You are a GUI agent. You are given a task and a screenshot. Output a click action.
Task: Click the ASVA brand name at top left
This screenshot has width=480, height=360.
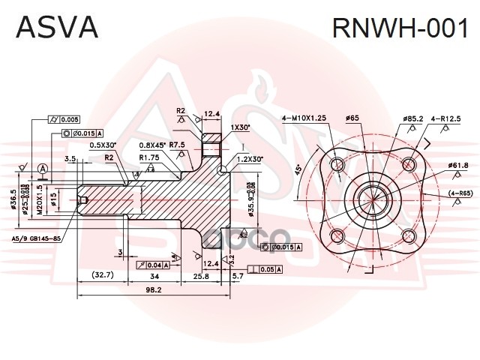[x=57, y=27]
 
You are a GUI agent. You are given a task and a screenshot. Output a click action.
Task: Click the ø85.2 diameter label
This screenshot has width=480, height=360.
[x=413, y=118]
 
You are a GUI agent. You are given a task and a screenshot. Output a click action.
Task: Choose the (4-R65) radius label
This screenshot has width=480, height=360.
[x=460, y=193]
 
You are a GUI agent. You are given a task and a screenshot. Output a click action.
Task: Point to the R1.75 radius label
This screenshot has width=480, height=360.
[x=150, y=157]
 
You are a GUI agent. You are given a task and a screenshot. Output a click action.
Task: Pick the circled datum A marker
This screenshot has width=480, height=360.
[x=43, y=168]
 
